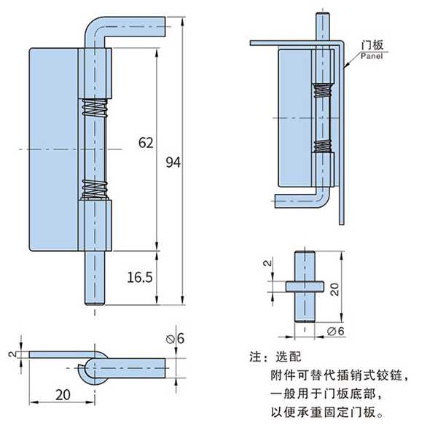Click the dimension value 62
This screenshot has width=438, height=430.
point(145,143)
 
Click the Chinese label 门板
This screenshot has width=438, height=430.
point(372,44)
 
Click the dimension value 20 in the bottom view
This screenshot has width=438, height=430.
point(62,394)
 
